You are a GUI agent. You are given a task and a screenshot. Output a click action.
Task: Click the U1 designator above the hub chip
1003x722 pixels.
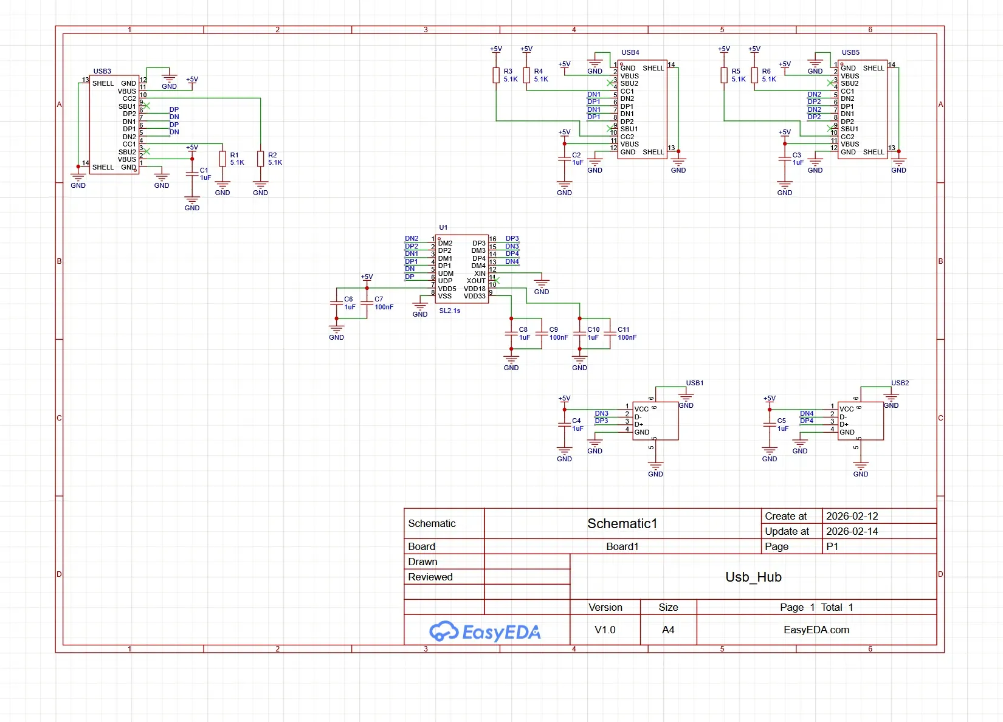tap(443, 227)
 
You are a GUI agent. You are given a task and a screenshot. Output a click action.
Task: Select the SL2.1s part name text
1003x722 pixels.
tap(449, 311)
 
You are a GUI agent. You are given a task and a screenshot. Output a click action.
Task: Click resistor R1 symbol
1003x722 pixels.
tap(222, 159)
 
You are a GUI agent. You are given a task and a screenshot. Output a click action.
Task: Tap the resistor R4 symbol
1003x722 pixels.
tap(526, 75)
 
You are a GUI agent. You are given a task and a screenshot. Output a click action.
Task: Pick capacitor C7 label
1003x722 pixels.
tap(379, 299)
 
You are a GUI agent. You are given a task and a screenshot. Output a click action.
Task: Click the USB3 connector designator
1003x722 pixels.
tap(102, 71)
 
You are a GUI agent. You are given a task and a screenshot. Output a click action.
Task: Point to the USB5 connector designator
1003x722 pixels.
tap(850, 52)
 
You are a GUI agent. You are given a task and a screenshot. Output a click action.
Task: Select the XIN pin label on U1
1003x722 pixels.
tap(480, 273)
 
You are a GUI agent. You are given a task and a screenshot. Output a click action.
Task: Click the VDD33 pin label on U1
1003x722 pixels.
tap(474, 297)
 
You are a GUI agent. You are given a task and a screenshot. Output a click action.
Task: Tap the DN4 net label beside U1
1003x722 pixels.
tap(512, 262)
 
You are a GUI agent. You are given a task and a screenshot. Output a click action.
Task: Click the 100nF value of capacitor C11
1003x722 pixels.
tap(627, 337)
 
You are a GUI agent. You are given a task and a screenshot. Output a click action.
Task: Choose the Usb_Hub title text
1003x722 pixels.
tap(753, 577)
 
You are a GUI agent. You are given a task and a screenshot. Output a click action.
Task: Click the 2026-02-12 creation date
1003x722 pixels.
tap(852, 516)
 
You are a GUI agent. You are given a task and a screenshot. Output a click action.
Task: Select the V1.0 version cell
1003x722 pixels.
tap(605, 630)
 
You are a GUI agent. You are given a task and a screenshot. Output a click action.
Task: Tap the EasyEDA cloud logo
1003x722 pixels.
tap(444, 631)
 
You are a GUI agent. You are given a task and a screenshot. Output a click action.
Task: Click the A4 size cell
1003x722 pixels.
tap(668, 630)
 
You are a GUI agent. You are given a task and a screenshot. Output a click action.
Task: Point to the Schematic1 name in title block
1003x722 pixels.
tap(622, 523)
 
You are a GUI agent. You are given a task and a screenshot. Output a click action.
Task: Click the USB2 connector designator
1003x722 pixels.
tap(900, 383)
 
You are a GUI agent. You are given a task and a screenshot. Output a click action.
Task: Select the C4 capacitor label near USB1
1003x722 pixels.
tap(576, 421)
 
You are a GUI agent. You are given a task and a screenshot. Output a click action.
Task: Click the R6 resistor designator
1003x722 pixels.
tap(766, 71)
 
